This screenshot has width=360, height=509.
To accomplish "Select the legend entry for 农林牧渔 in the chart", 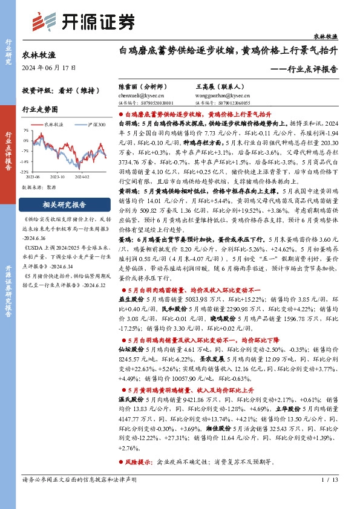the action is [x=54, y=123].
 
